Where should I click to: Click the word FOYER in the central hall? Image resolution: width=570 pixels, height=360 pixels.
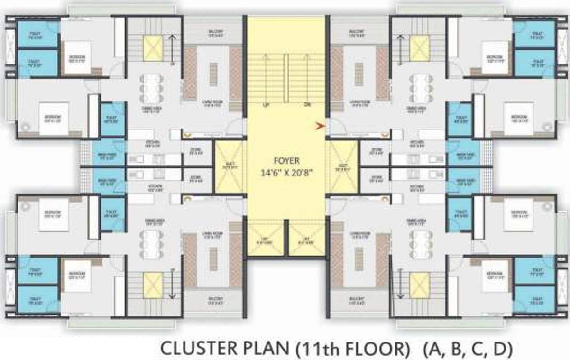(x=286, y=161)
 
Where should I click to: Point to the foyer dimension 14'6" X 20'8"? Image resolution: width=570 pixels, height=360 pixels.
(x=286, y=173)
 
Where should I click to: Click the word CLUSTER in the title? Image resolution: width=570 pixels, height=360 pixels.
(x=194, y=349)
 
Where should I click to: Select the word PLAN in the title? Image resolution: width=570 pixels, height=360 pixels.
(x=261, y=349)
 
